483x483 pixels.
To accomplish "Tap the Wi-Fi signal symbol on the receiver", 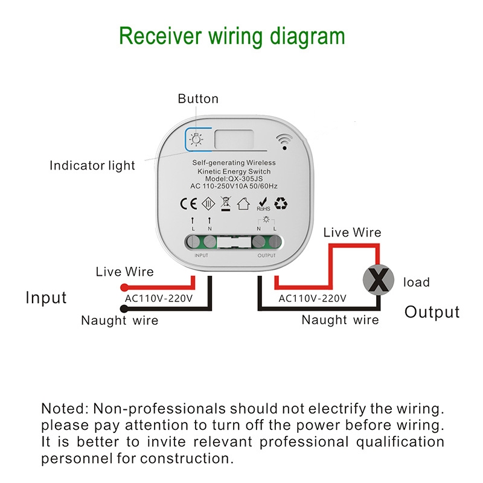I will pyautogui.click(x=284, y=141).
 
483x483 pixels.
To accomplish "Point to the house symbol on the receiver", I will pyautogui.click(x=243, y=204).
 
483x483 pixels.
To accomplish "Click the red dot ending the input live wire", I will pyautogui.click(x=123, y=287).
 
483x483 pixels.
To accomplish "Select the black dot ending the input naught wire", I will pyautogui.click(x=123, y=309).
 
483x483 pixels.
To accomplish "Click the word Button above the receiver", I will pyautogui.click(x=198, y=99).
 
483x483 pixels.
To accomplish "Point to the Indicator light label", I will pyautogui.click(x=92, y=165).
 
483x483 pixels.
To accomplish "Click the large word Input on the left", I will pyautogui.click(x=46, y=298).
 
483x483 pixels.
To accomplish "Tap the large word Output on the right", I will pyautogui.click(x=432, y=312).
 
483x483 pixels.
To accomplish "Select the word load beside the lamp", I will pyautogui.click(x=416, y=282).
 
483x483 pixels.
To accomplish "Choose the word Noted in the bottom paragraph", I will pyautogui.click(x=63, y=408).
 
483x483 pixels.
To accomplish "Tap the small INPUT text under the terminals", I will pyautogui.click(x=201, y=255).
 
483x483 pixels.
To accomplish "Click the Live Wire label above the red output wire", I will pyautogui.click(x=353, y=232).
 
